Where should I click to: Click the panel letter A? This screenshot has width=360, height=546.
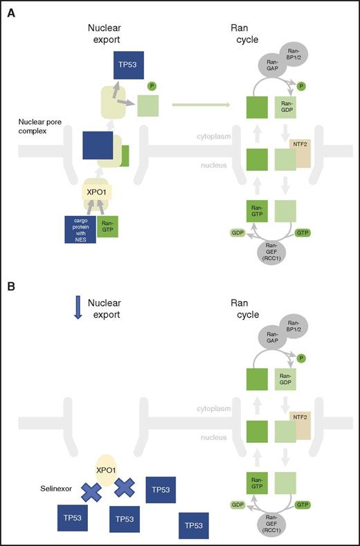tap(10, 11)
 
